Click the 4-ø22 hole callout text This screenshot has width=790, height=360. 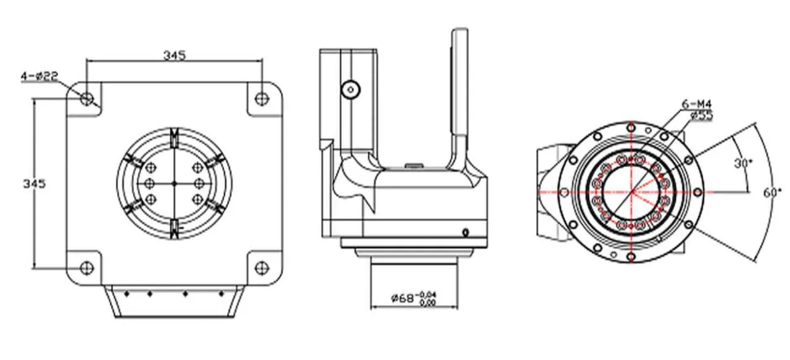tap(39, 76)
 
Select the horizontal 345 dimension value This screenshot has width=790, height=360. tap(174, 56)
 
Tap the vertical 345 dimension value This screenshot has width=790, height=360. tap(34, 183)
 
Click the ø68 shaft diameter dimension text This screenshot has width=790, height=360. tap(402, 298)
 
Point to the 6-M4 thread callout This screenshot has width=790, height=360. tap(697, 104)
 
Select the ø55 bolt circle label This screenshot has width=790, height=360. tap(701, 115)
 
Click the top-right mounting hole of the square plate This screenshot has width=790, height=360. tap(261, 98)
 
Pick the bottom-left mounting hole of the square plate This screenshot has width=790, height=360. tap(87, 268)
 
